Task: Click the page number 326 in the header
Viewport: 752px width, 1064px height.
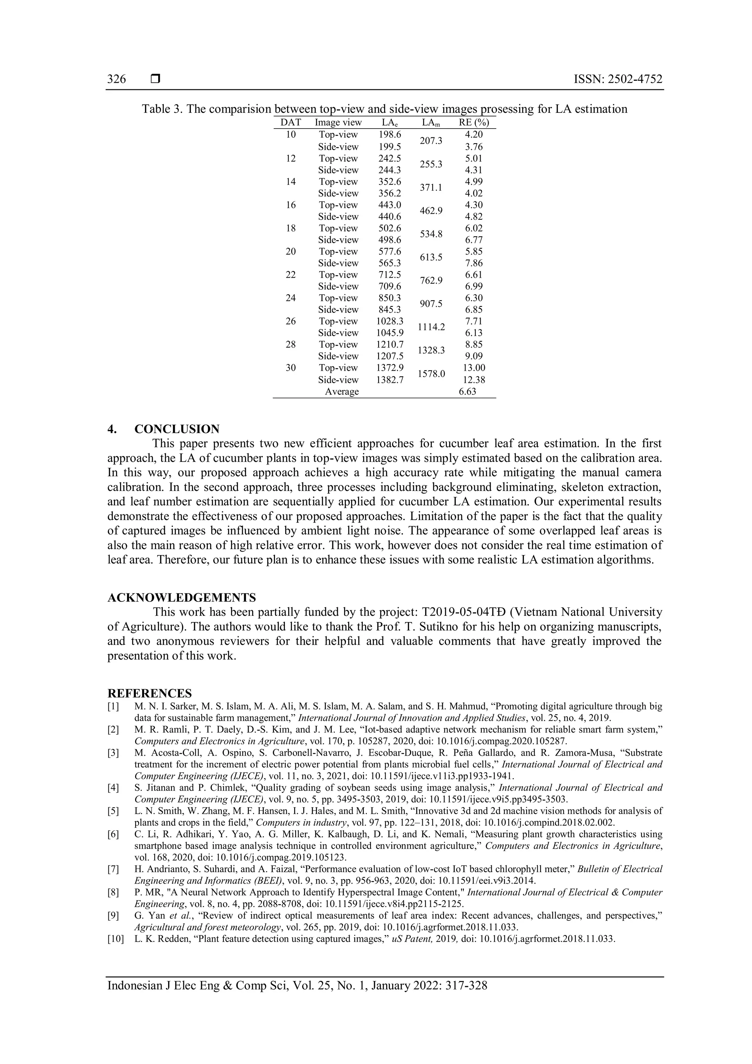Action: click(116, 79)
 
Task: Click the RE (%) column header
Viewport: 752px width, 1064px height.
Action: click(474, 123)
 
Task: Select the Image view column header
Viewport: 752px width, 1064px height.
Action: click(338, 123)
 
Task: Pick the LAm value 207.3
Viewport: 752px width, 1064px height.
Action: click(431, 140)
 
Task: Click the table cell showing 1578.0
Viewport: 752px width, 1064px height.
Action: click(431, 374)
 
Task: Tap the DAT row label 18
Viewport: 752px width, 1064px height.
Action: click(290, 228)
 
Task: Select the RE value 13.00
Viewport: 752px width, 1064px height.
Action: click(474, 367)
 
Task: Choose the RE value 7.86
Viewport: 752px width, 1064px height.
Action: click(474, 263)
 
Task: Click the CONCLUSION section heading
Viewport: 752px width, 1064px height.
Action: click(177, 429)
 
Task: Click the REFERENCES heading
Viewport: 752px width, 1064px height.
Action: click(149, 694)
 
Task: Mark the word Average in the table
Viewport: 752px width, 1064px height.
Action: click(342, 392)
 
